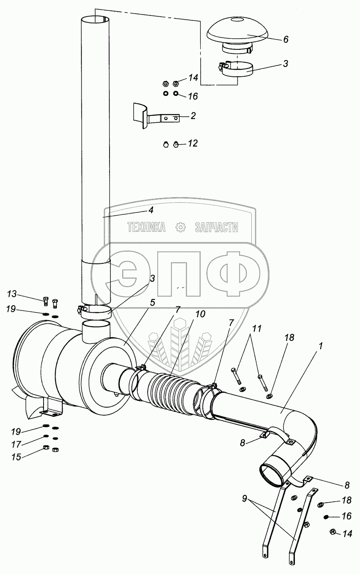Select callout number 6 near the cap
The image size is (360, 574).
point(286,40)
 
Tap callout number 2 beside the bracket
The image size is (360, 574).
point(193,116)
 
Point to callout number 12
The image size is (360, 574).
point(193,143)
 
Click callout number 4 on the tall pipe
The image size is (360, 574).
point(151,210)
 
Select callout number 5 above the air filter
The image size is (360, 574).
point(153,302)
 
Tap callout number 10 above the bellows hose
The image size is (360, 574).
point(200,314)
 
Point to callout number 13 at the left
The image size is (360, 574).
point(12,294)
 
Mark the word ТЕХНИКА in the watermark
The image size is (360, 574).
point(146,227)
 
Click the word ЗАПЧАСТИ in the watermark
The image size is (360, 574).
point(216,227)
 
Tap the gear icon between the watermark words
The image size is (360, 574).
point(180,227)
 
